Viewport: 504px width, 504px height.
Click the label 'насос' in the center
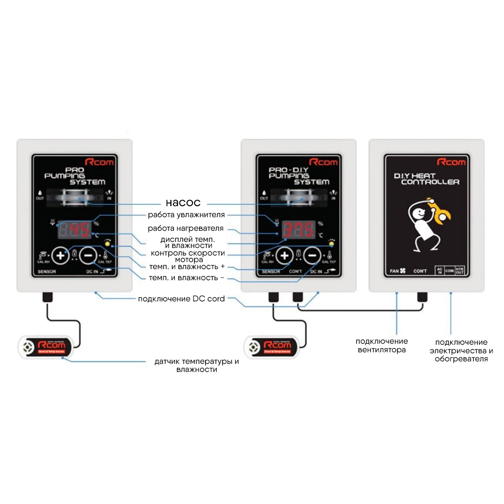tap(183, 203)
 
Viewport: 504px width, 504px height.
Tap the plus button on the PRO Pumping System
tap(61, 256)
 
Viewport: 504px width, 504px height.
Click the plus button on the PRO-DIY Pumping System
tap(285, 256)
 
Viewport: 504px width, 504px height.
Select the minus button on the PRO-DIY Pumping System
tap(312, 256)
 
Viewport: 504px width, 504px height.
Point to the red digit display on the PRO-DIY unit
tap(298, 230)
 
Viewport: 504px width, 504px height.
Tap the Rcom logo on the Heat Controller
tap(452, 162)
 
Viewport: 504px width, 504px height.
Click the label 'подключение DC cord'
tap(181, 299)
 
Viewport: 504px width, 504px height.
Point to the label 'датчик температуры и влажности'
tap(196, 365)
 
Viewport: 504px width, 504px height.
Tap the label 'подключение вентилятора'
tap(382, 346)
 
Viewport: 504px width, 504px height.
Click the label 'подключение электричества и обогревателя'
tap(461, 350)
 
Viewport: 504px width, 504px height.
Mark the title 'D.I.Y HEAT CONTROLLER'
tap(426, 178)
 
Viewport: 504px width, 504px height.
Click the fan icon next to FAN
tap(403, 271)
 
